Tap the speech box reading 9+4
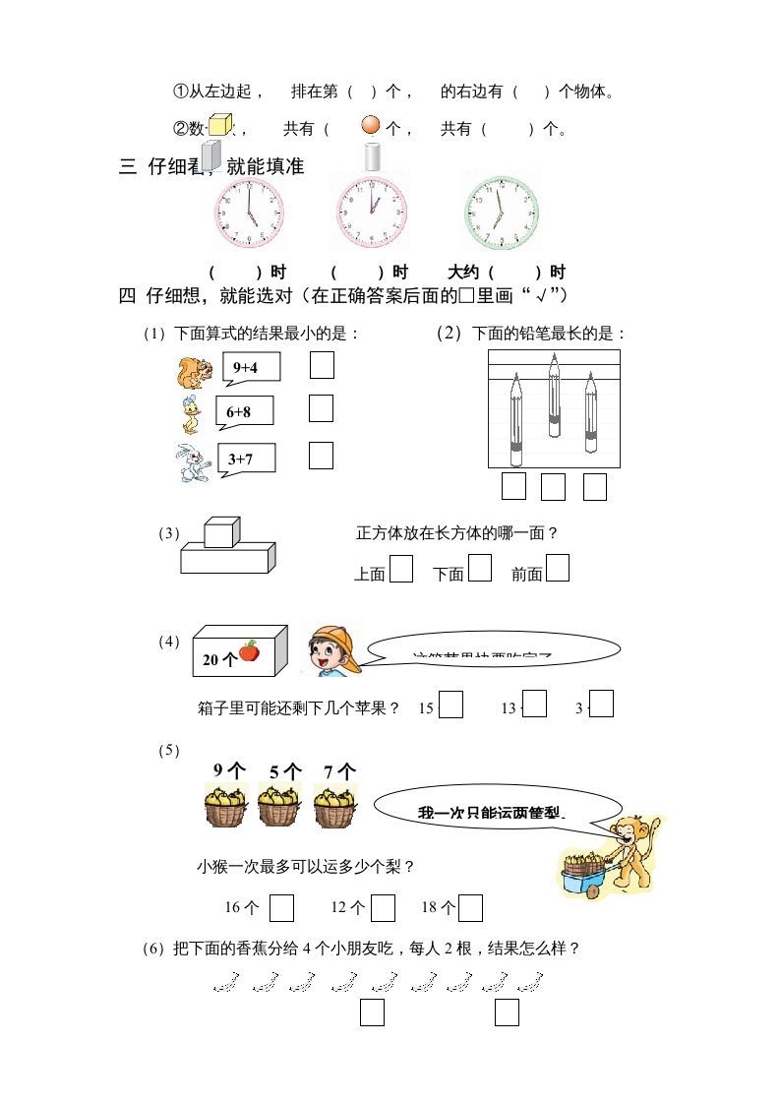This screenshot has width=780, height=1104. click(251, 368)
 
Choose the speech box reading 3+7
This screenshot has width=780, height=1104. click(246, 459)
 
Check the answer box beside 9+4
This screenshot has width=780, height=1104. click(322, 365)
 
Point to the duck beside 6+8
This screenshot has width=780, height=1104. click(190, 415)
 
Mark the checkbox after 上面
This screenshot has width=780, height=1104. click(400, 569)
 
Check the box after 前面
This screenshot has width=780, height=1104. click(558, 569)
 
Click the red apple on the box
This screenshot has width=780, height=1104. click(249, 650)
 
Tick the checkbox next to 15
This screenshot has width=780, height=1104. click(450, 705)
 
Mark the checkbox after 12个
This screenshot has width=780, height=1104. click(384, 907)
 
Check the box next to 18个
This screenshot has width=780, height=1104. click(470, 907)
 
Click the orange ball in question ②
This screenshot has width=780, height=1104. click(371, 125)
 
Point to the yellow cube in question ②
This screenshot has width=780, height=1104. click(219, 124)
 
